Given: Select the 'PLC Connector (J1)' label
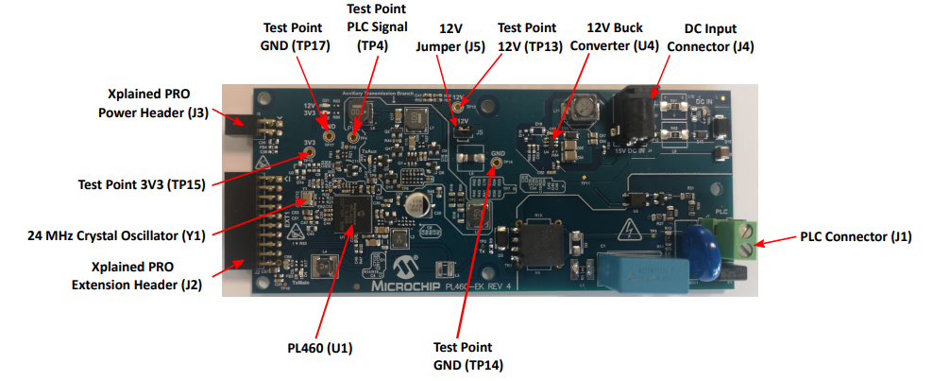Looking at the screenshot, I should tap(856, 236).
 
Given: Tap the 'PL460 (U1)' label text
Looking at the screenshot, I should tap(320, 348).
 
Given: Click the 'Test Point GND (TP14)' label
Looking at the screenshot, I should tap(463, 355).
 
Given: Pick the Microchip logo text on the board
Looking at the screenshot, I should tap(416, 284).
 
